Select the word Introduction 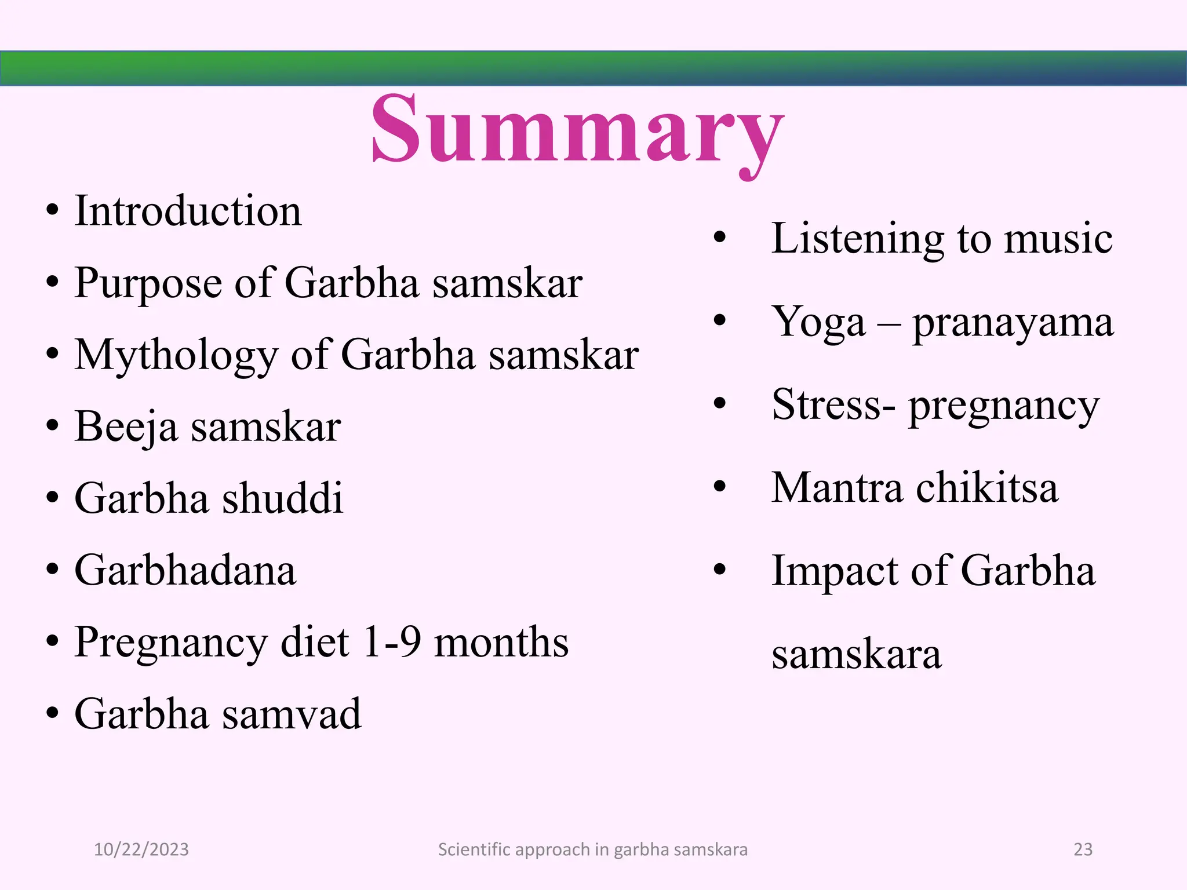point(188,211)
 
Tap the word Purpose point(148,284)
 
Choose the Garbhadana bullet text point(185,571)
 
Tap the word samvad point(292,714)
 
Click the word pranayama point(1013,323)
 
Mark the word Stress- point(833,405)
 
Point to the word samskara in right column point(856,655)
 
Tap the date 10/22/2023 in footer point(141,849)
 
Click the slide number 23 point(1083,849)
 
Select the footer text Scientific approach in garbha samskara point(592,849)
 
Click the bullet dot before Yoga point(719,320)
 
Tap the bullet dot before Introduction point(52,210)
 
